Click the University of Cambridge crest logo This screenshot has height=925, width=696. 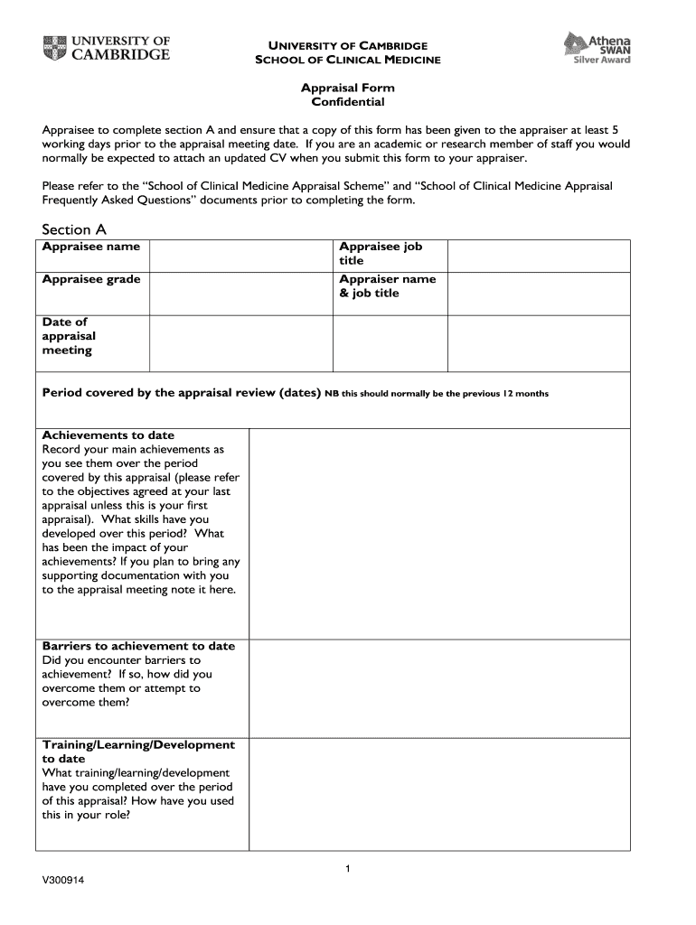[x=53, y=47]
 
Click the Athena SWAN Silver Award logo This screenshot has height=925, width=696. [x=597, y=47]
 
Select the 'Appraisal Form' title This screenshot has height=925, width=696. [x=348, y=88]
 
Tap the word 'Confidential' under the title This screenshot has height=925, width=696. [x=348, y=102]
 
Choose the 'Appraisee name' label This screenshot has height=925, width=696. [x=91, y=247]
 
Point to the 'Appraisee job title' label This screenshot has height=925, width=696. [x=381, y=253]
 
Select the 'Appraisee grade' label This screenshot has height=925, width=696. [x=91, y=279]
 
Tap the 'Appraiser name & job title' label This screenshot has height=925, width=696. [x=387, y=285]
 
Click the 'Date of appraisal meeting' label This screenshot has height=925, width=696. [x=69, y=336]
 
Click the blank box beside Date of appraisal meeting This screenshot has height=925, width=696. [x=241, y=342]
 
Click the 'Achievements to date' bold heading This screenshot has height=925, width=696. [x=108, y=435]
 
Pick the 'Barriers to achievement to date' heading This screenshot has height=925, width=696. [x=138, y=646]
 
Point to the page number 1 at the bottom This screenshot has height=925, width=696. [x=348, y=869]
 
